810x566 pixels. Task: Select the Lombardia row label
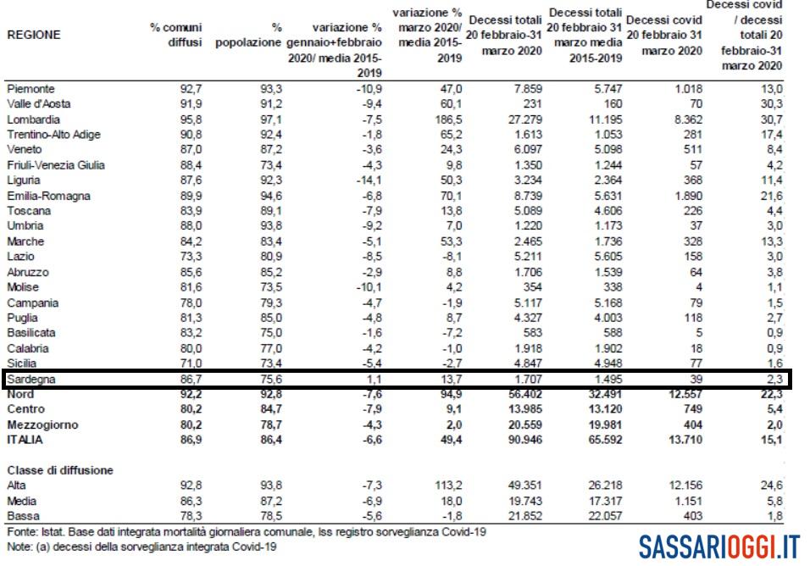30,119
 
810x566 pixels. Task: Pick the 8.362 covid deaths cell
683,119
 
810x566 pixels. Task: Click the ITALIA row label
26,440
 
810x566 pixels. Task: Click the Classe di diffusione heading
59,469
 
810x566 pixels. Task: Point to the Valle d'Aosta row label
38,103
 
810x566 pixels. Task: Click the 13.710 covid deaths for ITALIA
683,440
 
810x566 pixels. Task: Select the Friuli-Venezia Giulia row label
55,164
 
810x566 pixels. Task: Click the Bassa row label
20,516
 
